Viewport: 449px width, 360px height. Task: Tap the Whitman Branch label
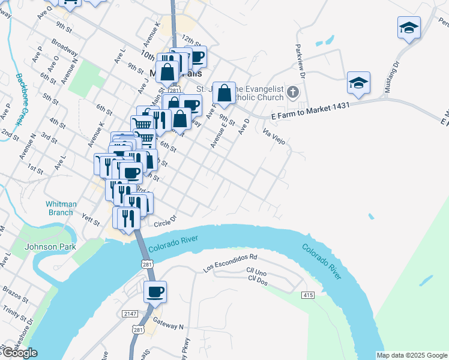61,208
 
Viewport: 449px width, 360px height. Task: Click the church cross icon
292,92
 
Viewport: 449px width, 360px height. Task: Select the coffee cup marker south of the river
155,292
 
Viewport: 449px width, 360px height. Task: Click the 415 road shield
309,295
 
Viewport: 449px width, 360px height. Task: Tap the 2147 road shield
130,314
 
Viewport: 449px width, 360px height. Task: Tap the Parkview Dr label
300,62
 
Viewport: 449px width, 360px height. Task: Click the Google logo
20,353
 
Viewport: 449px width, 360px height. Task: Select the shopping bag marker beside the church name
224,93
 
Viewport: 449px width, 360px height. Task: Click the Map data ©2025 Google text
412,355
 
